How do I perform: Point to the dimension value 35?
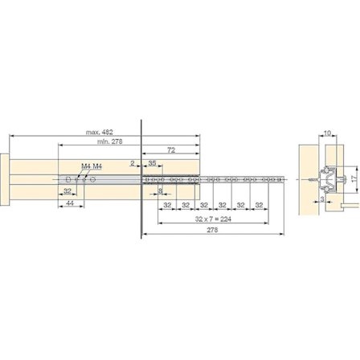click(x=152, y=163)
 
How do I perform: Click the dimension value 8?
click(x=161, y=191)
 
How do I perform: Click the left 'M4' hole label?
click(x=85, y=166)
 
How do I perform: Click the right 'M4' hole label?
click(x=97, y=166)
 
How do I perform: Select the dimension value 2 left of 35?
click(x=133, y=163)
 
